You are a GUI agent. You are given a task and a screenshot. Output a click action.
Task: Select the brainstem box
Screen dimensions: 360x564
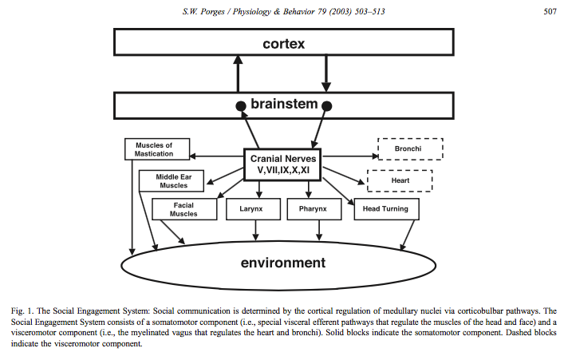pos(283,105)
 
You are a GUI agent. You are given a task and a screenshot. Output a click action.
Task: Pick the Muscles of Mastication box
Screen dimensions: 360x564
pos(160,149)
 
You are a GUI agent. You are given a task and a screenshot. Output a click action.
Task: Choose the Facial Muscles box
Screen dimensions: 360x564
pos(183,209)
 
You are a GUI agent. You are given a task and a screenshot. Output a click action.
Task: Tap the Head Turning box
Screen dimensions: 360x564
pos(385,209)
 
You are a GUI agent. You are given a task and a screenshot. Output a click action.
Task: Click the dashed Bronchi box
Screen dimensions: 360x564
pos(409,149)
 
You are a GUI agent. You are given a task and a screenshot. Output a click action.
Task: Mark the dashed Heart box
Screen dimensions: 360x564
pos(399,181)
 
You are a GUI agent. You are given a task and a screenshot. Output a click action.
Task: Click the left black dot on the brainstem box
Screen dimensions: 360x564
pos(238,105)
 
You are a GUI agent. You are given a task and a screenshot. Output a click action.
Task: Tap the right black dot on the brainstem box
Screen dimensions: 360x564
pos(327,105)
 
